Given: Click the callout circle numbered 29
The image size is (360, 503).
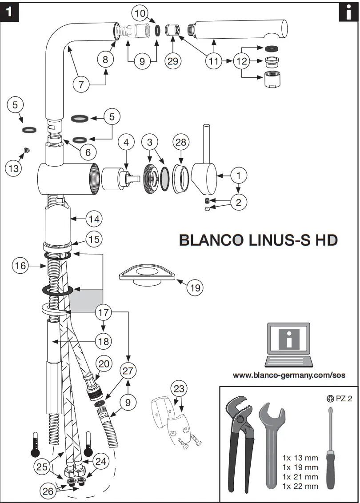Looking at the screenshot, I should click(173, 61).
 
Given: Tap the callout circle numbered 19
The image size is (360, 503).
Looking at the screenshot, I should click(195, 287).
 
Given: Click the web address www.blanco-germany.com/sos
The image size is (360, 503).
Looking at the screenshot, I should click(289, 375).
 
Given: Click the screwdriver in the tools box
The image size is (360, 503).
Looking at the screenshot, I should click(330, 449).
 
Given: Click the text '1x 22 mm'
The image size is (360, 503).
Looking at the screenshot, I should click(300, 486).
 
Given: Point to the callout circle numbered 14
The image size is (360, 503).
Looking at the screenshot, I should click(94, 219).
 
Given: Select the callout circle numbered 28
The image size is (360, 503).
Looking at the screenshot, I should click(181, 142).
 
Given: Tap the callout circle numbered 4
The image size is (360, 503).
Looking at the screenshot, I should click(126, 142).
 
